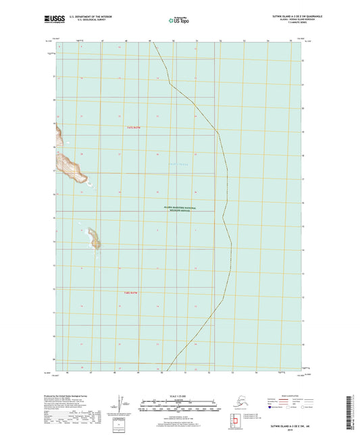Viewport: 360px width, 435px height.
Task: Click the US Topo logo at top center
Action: [178, 21]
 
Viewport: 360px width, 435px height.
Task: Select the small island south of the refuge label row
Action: [93, 238]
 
